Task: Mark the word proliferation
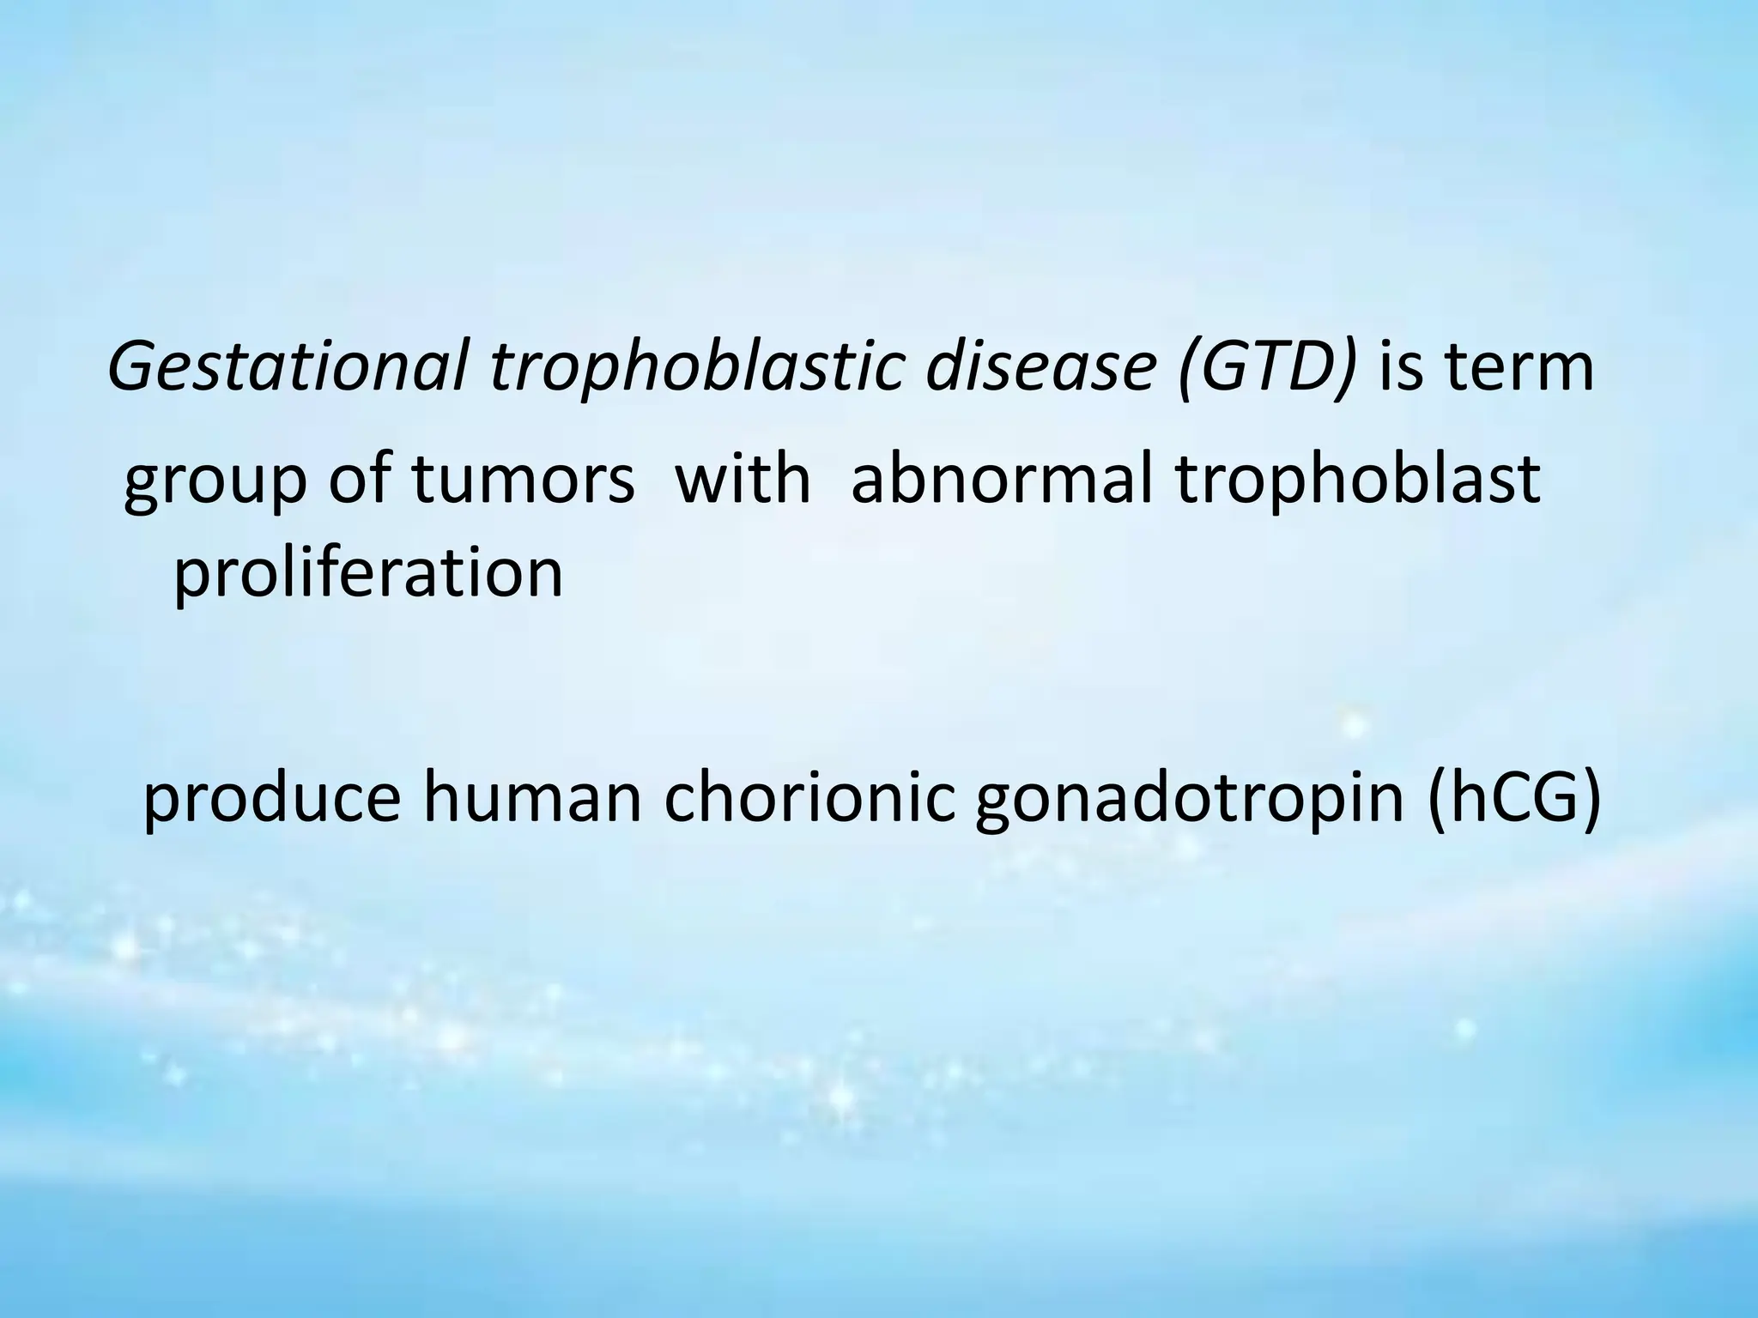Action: [x=368, y=572]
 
